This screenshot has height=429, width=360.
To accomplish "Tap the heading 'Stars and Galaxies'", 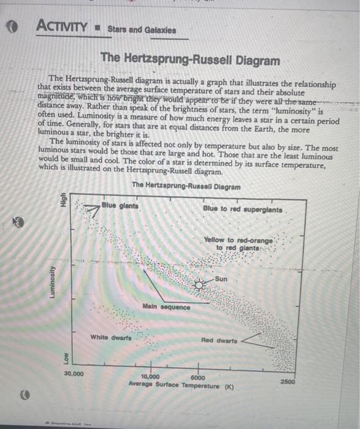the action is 142,29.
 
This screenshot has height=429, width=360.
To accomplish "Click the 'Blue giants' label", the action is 120,205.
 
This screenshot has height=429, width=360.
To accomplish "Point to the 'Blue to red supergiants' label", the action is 242,210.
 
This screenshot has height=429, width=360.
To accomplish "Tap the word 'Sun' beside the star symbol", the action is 223,279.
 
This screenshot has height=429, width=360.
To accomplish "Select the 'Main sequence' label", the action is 166,306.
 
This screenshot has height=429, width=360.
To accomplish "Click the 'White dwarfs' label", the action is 111,337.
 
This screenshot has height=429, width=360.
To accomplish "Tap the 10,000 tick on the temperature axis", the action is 150,377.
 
